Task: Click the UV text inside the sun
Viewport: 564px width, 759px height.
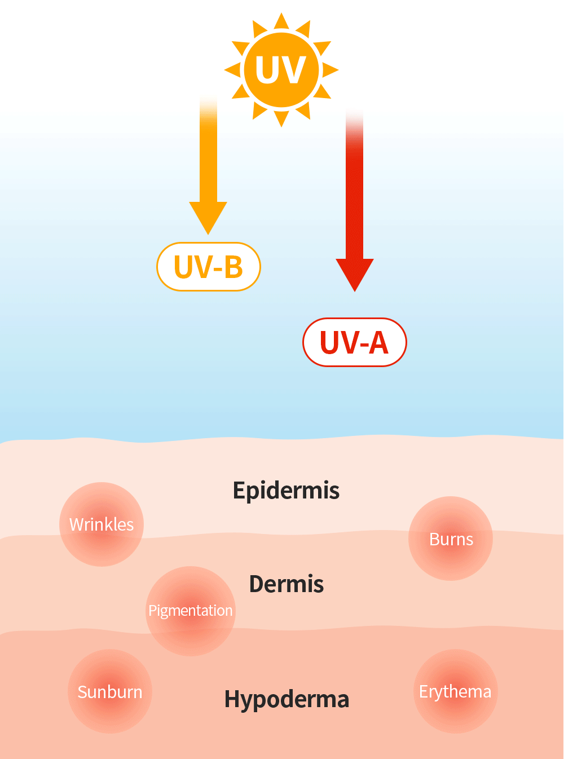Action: (x=280, y=70)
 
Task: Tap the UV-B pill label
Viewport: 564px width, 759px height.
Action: (x=208, y=267)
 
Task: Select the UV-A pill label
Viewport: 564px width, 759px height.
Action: (x=354, y=342)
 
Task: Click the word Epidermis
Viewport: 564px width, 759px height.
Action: (x=286, y=491)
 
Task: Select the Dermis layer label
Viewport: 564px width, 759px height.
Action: (x=286, y=584)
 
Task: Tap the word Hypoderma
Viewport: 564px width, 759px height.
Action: (x=287, y=699)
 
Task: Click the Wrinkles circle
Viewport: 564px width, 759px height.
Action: (x=102, y=524)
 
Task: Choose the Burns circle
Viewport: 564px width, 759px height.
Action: (x=451, y=539)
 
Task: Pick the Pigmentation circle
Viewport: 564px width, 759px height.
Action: (x=191, y=611)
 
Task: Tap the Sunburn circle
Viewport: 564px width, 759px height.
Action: (x=110, y=691)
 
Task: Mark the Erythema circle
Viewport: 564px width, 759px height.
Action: (x=456, y=691)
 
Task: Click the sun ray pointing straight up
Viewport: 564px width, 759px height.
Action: (x=281, y=21)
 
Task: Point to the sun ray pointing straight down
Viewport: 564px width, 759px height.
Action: (x=281, y=118)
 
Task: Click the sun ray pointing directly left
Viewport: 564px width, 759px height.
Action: (x=232, y=70)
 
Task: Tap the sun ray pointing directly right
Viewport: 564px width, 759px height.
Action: (x=331, y=70)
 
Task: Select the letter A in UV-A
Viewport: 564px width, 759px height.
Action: (x=378, y=343)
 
